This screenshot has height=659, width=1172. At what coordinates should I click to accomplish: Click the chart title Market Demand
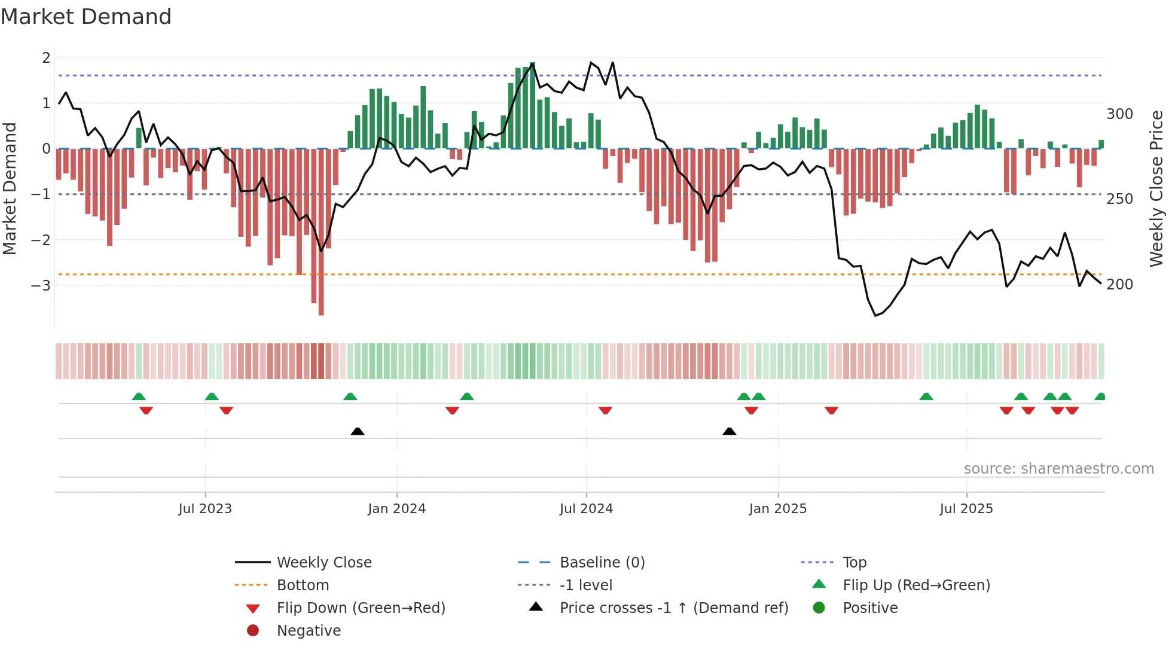(86, 17)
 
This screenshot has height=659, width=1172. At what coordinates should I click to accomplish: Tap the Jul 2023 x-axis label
(205, 509)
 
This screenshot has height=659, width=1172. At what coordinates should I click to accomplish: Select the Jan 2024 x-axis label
(396, 509)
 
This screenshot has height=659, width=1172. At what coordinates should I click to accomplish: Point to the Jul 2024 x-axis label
(586, 509)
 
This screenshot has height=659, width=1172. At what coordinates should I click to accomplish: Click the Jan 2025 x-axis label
(777, 509)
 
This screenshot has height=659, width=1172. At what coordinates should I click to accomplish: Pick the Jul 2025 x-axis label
(966, 509)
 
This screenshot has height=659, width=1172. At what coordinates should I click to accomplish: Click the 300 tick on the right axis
(1119, 114)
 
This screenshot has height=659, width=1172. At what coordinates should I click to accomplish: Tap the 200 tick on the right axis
(1119, 285)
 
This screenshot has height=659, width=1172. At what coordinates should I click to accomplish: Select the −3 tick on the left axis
(41, 285)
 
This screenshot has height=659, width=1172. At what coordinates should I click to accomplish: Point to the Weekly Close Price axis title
(1156, 188)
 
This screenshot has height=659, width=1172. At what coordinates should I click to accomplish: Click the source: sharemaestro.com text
(1058, 469)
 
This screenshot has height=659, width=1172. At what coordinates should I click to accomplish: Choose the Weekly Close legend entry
(324, 563)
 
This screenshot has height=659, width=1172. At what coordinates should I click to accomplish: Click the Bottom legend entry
(303, 585)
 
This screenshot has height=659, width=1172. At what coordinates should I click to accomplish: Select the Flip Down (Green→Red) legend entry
(361, 608)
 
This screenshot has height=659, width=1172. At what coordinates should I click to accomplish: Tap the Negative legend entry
(309, 631)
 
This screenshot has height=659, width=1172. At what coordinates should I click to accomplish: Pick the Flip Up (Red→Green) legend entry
(916, 585)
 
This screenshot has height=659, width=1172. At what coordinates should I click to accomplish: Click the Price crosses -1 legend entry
(673, 608)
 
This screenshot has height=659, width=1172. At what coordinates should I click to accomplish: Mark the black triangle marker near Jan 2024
(358, 431)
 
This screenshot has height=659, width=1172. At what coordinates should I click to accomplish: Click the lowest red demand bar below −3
(321, 308)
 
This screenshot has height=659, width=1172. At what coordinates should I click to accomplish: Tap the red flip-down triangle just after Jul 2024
(605, 410)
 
